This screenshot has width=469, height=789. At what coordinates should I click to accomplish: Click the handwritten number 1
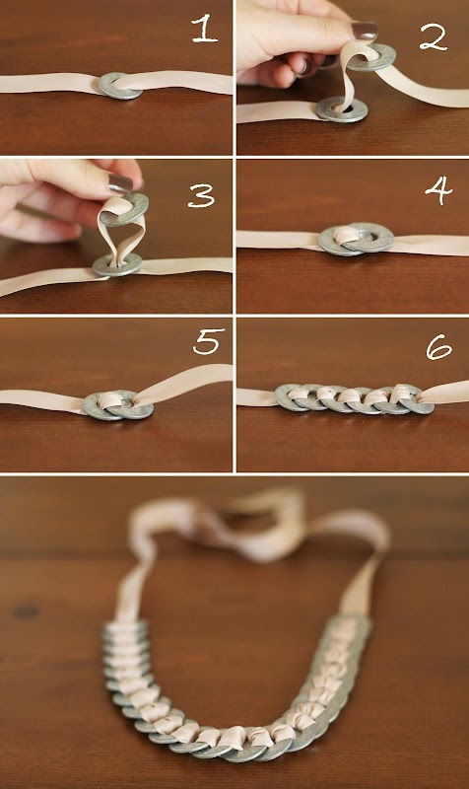pyautogui.click(x=205, y=31)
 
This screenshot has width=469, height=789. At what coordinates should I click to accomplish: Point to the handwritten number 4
pyautogui.click(x=438, y=190)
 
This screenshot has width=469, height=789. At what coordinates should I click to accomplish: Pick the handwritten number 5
pyautogui.click(x=208, y=341)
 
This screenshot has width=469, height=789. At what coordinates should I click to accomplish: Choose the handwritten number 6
pyautogui.click(x=438, y=347)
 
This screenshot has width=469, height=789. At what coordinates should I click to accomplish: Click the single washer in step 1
pyautogui.click(x=119, y=86)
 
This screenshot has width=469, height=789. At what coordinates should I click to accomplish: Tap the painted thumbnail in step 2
pyautogui.click(x=365, y=32)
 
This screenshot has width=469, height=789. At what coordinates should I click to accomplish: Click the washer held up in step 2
pyautogui.click(x=373, y=58)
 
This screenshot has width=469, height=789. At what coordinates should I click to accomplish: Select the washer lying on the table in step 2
pyautogui.click(x=342, y=109)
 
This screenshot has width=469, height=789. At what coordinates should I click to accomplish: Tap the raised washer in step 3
pyautogui.click(x=124, y=210)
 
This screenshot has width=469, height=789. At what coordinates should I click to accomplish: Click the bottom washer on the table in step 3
pyautogui.click(x=117, y=264)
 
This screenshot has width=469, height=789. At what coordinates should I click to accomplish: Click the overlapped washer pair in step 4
pyautogui.click(x=356, y=239)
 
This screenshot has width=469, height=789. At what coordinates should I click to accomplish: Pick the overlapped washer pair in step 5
pyautogui.click(x=118, y=405)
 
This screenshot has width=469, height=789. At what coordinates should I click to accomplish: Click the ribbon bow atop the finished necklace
pyautogui.click(x=259, y=524)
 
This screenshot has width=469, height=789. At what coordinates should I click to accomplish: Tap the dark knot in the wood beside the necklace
pyautogui.click(x=26, y=611)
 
